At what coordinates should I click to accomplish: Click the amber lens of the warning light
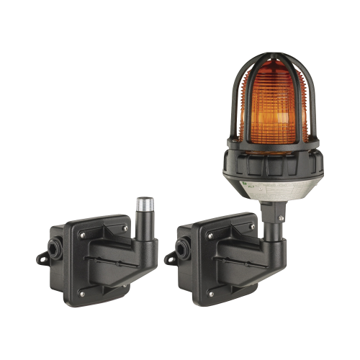[x=273, y=101]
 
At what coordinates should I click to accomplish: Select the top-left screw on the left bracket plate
[x=81, y=234]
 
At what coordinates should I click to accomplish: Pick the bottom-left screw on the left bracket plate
[x=81, y=294]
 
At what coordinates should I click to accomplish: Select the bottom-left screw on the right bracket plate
[x=210, y=294]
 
